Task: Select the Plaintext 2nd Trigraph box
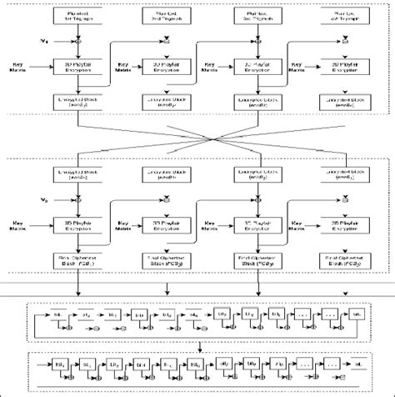click(170, 17)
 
